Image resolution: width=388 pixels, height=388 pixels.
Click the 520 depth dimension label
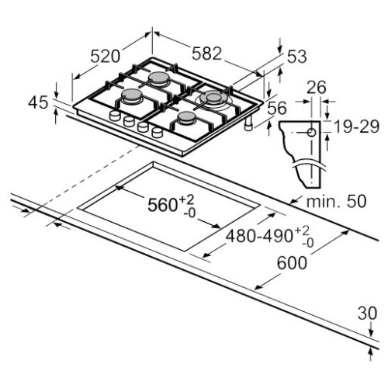105,56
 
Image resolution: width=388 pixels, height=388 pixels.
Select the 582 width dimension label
207,54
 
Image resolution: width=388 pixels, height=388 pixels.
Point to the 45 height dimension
37,102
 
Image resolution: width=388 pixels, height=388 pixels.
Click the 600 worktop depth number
291,265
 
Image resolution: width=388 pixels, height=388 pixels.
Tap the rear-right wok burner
213,99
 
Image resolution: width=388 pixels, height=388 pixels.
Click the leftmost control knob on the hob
116,117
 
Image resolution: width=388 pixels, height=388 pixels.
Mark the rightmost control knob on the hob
158,133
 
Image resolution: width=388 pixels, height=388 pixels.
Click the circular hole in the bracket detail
311,133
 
